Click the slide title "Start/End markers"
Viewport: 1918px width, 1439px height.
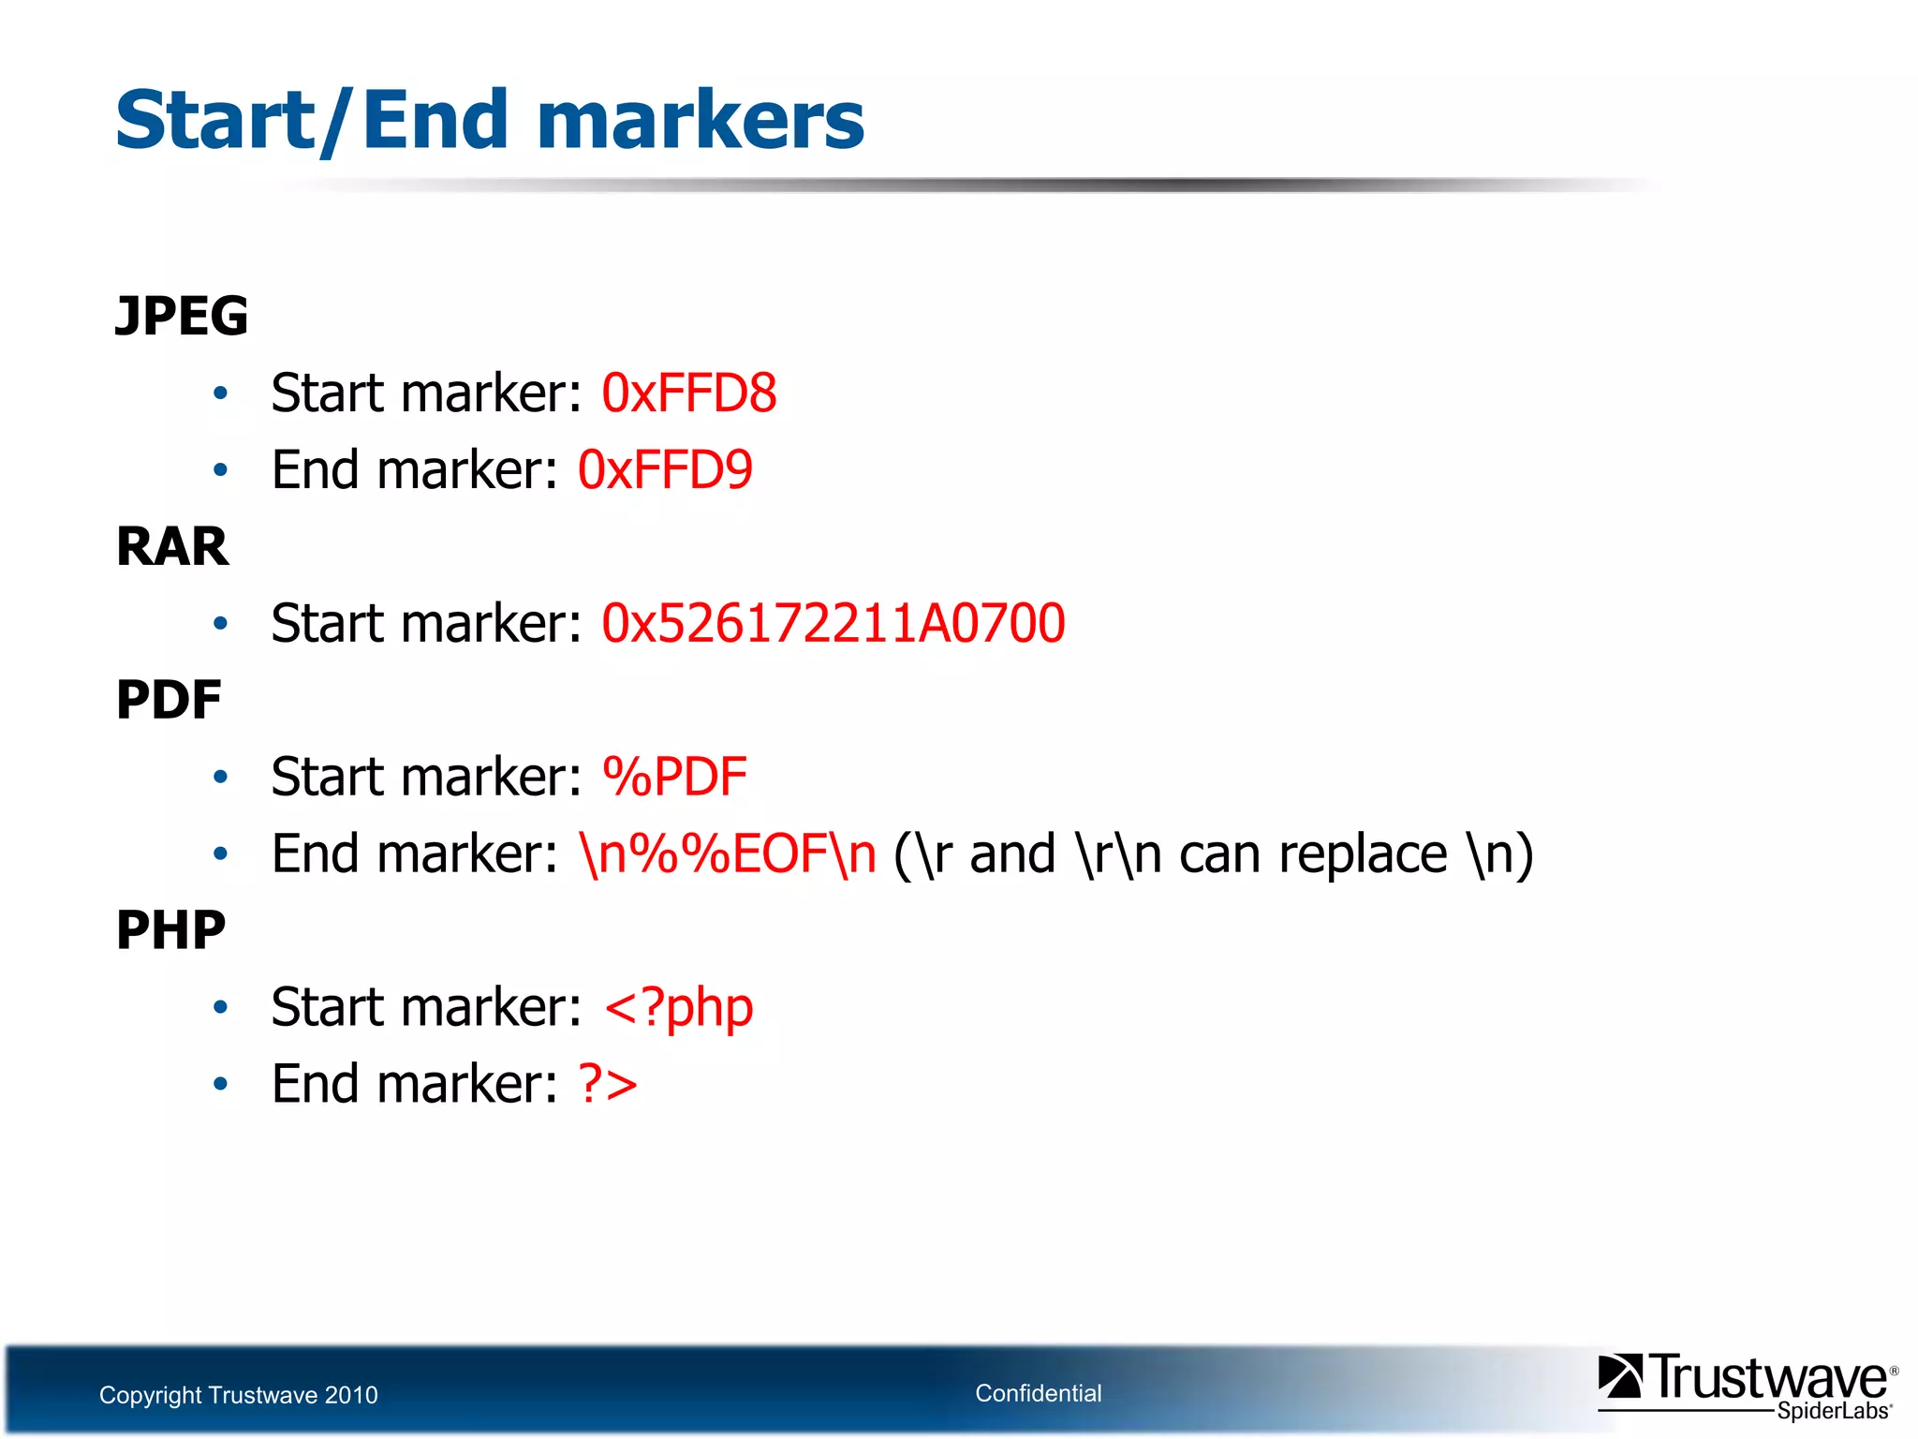click(x=490, y=120)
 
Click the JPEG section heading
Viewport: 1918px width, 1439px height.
click(x=182, y=316)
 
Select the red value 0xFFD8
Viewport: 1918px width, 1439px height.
click(x=688, y=393)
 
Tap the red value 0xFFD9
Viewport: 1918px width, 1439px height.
click(x=665, y=469)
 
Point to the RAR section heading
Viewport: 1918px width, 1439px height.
click(x=172, y=546)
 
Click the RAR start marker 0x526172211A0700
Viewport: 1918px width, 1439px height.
click(x=833, y=623)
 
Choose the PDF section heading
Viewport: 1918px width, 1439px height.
click(x=169, y=700)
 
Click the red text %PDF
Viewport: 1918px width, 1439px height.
click(x=674, y=777)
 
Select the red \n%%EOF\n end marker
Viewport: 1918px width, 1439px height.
click(x=729, y=853)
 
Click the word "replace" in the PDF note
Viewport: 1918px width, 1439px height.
click(x=1363, y=853)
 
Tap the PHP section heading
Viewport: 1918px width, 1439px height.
click(x=170, y=930)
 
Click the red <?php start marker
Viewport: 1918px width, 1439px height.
click(x=679, y=1007)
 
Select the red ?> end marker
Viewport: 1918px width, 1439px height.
click(x=608, y=1084)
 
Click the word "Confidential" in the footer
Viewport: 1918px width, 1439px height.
click(x=1038, y=1393)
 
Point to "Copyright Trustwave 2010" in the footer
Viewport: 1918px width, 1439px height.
click(x=239, y=1395)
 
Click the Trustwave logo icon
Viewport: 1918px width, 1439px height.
click(x=1620, y=1376)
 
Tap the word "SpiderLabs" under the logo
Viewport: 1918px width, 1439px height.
click(x=1834, y=1411)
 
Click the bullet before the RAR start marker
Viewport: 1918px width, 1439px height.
click(x=220, y=623)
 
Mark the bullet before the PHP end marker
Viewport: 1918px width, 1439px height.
click(x=220, y=1084)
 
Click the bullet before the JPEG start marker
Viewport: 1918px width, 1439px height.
click(x=220, y=393)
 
